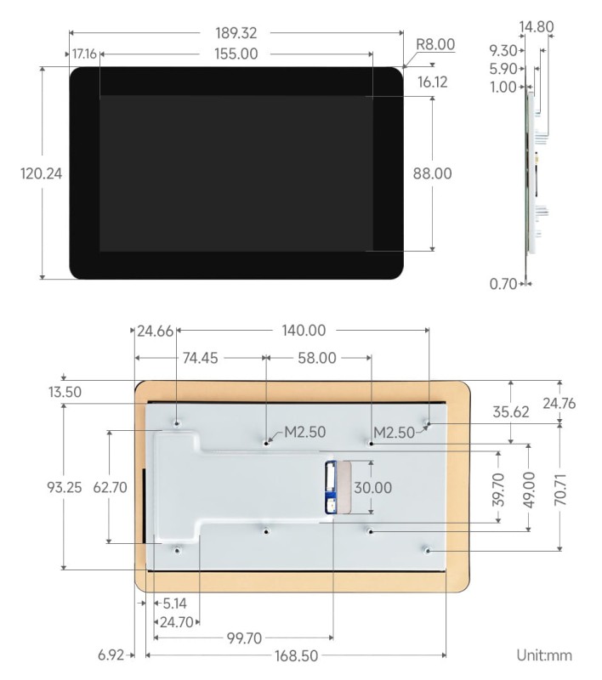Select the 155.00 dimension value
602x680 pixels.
[236, 54]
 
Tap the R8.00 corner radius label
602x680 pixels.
[434, 44]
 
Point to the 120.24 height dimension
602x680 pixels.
[41, 173]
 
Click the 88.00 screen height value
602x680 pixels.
[433, 173]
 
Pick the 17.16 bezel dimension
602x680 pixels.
[84, 54]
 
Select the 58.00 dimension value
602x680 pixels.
[315, 358]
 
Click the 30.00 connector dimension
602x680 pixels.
[372, 488]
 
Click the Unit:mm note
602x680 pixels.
[544, 654]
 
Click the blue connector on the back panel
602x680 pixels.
[330, 488]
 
